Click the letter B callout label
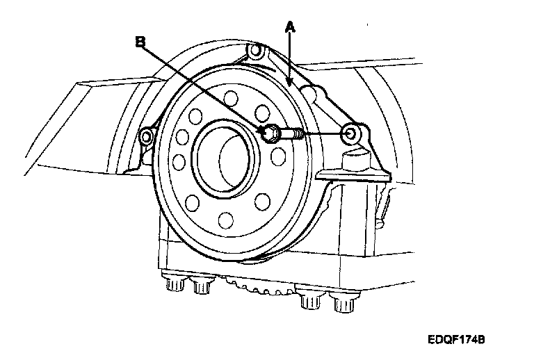tap(140, 42)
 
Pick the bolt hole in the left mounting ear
tap(147, 136)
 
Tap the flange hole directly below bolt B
tap(278, 157)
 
